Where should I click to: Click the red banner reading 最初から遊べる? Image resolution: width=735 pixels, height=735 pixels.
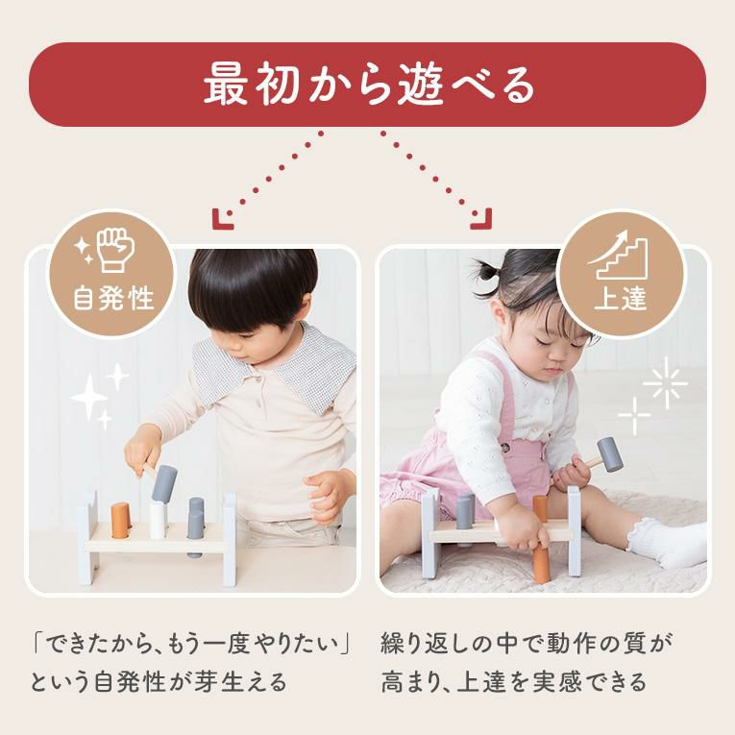click(367, 85)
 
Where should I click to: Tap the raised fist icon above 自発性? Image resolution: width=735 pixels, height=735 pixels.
click(116, 250)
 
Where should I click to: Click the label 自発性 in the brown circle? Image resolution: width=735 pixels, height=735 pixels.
click(113, 299)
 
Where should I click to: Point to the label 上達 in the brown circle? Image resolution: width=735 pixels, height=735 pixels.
click(621, 299)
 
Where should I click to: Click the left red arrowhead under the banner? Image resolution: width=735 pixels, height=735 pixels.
click(222, 219)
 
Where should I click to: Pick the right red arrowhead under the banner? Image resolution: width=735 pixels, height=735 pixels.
click(482, 219)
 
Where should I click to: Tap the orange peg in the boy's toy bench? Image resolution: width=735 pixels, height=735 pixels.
click(121, 521)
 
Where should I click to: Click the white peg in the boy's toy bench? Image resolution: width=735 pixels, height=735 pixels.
click(158, 521)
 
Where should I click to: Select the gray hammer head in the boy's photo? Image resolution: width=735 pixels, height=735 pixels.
click(164, 483)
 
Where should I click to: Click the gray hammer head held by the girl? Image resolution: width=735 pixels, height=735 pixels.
click(610, 454)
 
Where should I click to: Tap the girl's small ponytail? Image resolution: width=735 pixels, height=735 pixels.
click(487, 274)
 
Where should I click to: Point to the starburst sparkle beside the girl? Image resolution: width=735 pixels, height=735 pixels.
click(665, 382)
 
